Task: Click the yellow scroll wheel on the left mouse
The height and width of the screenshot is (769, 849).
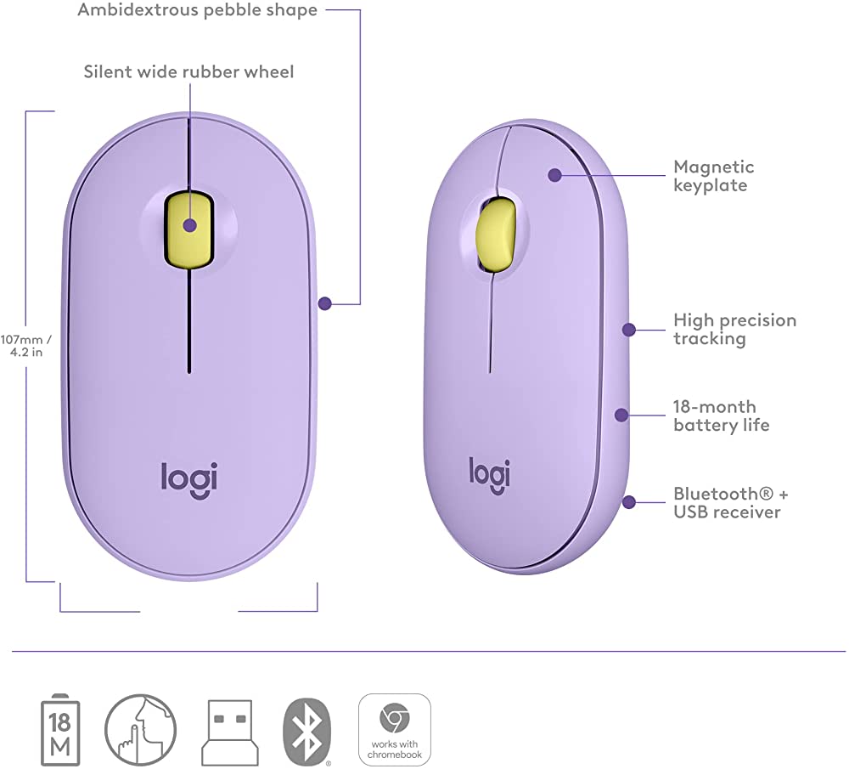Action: point(189,230)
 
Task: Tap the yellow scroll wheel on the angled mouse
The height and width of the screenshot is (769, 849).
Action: point(495,233)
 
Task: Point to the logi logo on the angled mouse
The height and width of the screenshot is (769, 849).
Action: point(490,475)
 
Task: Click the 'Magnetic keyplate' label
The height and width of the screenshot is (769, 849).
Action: point(714,176)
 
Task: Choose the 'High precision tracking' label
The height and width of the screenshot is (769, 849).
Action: point(734,330)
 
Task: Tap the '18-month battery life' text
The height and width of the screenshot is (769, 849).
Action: point(721,416)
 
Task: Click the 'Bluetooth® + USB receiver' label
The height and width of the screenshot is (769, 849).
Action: point(730,502)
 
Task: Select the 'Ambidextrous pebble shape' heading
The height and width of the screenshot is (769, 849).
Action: point(197,10)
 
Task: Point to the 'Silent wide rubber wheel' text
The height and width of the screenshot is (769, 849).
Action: point(188,72)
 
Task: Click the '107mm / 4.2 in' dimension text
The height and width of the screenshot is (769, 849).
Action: point(26,346)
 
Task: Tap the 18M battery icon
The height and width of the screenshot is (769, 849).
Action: point(60,730)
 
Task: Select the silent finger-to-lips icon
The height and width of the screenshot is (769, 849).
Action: point(140,729)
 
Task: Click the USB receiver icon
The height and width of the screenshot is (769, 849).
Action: point(229,732)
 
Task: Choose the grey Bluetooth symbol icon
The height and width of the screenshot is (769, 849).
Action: point(307,732)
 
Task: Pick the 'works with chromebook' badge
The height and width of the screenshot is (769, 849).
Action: point(395,730)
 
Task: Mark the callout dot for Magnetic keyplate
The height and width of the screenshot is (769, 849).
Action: point(554,175)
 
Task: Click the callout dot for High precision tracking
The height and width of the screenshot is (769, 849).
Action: point(628,330)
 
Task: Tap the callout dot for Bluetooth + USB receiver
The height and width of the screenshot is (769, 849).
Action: point(628,502)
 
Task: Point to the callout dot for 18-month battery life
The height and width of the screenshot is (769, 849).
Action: point(621,416)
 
